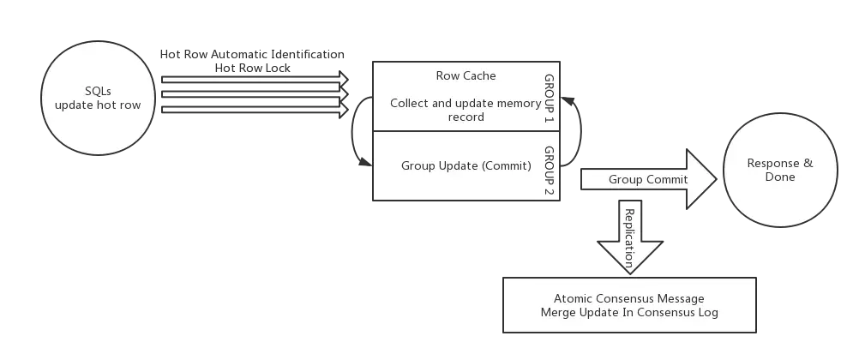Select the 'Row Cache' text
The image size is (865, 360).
click(x=466, y=75)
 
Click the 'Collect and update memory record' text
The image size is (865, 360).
click(x=466, y=110)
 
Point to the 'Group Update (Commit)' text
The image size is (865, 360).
click(x=466, y=165)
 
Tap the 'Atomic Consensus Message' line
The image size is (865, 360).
click(x=628, y=298)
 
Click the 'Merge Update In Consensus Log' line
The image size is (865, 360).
click(x=628, y=313)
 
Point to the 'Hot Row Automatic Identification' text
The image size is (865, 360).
click(x=254, y=55)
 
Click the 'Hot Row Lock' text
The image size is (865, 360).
click(x=254, y=68)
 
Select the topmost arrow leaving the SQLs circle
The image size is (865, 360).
click(x=254, y=80)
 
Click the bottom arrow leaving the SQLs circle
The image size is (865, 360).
click(x=254, y=110)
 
